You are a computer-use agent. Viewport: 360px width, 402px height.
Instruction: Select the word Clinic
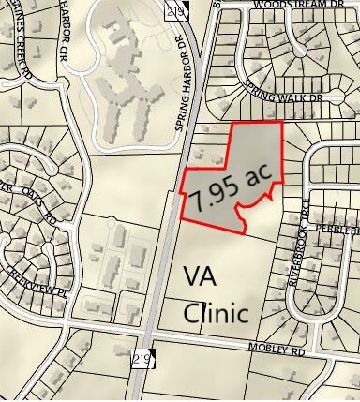pos(216,312)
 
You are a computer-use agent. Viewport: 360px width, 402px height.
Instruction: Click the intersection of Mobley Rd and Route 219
pos(148,335)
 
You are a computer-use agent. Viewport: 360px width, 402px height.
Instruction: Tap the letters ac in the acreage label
pos(250,175)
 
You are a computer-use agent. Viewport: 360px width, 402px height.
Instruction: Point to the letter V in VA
pos(191,276)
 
